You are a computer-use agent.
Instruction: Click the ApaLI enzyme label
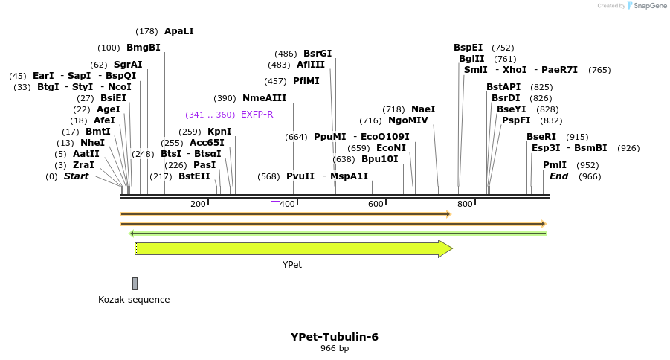coord(178,31)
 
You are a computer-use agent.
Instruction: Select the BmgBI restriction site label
coord(143,48)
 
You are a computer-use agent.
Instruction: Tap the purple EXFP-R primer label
coord(257,115)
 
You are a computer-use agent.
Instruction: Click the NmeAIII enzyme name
coord(264,98)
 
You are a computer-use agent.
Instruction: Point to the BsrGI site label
coord(318,54)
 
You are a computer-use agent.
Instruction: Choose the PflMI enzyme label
coord(306,81)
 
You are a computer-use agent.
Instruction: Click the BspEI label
coord(468,48)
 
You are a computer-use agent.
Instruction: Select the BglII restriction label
coord(471,59)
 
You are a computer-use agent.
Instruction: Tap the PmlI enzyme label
coord(555,165)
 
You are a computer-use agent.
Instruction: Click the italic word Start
coord(76,176)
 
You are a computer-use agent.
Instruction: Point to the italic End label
coord(558,176)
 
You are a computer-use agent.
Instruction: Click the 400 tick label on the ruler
coord(287,205)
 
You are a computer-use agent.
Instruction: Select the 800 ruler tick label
coord(465,205)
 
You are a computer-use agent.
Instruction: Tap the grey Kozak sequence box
coord(135,283)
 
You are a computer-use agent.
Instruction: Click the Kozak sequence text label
coord(134,300)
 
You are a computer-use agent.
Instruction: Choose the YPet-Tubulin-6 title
coord(335,337)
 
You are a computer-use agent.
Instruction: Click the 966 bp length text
coord(335,348)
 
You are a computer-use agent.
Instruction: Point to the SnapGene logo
coord(644,6)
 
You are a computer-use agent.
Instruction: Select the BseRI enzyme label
coord(541,137)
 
